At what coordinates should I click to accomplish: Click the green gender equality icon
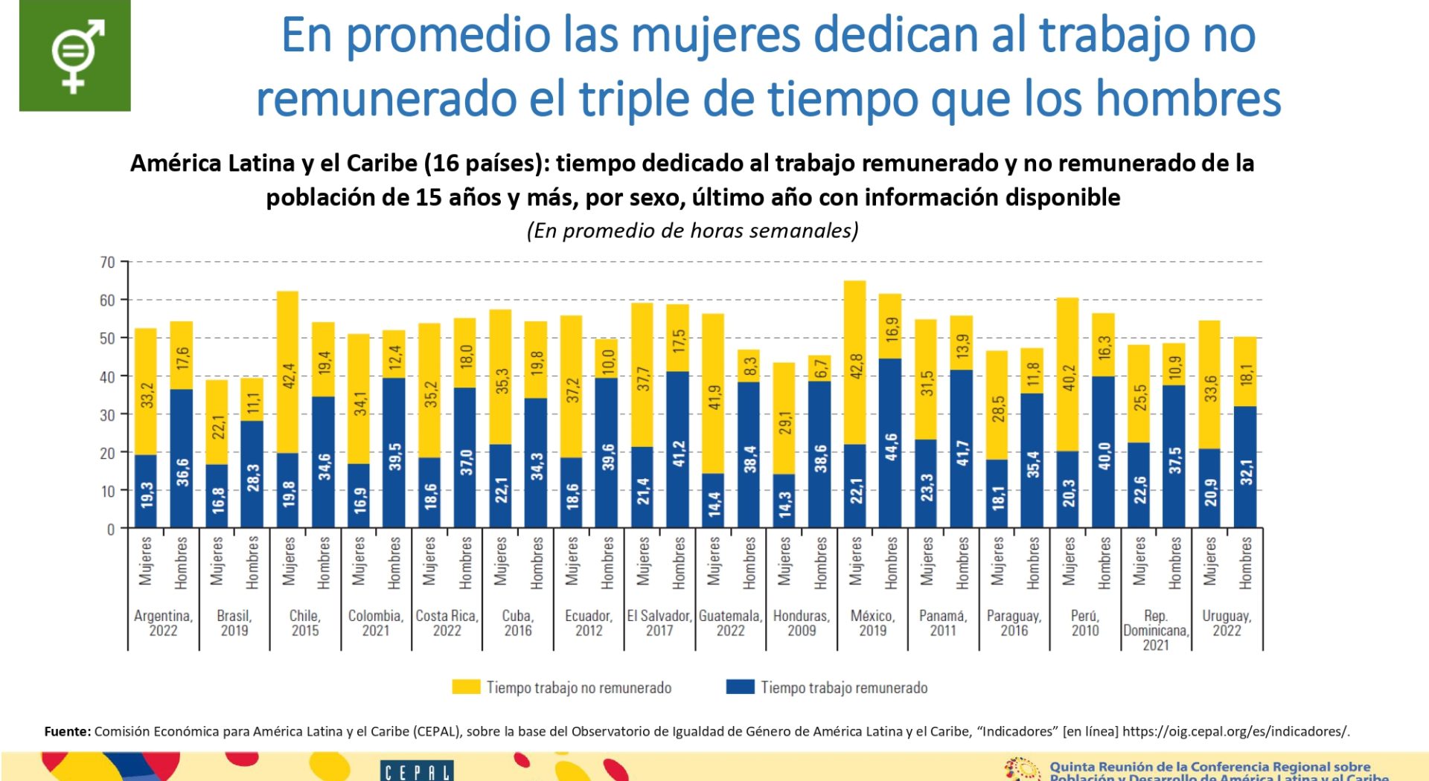click(74, 56)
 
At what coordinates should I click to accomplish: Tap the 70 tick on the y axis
click(108, 263)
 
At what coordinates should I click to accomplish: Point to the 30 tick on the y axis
click(108, 415)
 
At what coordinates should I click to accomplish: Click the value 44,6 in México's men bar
click(891, 447)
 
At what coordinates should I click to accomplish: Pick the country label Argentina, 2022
click(163, 623)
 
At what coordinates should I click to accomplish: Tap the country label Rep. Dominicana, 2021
click(1156, 630)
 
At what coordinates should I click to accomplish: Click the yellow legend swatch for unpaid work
click(466, 687)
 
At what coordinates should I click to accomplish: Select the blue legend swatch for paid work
click(740, 687)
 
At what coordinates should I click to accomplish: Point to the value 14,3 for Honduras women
click(784, 504)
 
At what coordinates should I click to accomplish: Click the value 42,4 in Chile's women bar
click(289, 376)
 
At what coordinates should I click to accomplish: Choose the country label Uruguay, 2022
click(1227, 623)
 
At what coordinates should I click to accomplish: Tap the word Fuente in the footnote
click(67, 731)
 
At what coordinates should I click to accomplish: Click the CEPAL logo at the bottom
click(417, 771)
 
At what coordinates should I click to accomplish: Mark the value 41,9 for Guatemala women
click(714, 397)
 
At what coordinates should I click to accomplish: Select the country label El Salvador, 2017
click(659, 623)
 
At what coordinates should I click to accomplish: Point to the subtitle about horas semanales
click(692, 231)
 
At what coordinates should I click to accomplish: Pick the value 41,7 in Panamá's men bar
click(962, 453)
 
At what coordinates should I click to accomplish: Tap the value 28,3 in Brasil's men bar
click(253, 478)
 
